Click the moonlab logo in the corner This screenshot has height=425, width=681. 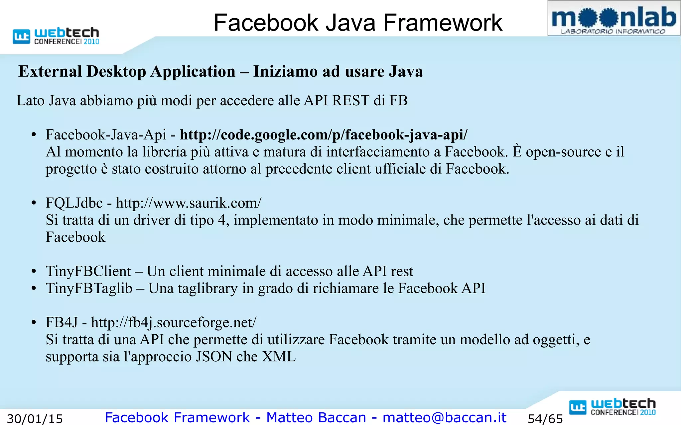coord(613,19)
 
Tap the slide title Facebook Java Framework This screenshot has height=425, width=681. coord(358,23)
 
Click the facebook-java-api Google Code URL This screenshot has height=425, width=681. coord(324,135)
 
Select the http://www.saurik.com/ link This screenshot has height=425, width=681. coord(189,203)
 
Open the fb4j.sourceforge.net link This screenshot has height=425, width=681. coord(174,322)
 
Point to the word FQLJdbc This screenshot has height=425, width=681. coord(74,203)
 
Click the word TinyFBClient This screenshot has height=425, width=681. coord(88,271)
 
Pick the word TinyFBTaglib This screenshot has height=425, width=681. coord(89,288)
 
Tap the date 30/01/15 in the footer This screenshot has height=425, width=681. coord(35,419)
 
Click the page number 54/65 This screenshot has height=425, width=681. coord(545,419)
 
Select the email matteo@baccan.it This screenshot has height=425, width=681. coord(444,417)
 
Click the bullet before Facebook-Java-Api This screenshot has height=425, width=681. coord(34,135)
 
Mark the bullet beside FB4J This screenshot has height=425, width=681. coord(34,323)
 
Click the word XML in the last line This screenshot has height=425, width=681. coord(279,357)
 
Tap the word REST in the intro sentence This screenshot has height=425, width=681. coord(350,101)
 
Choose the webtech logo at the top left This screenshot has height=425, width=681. coord(56,36)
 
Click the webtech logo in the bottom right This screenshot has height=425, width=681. coord(612,407)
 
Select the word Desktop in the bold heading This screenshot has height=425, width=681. coord(116,72)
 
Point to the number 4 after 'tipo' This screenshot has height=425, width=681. coord(222,220)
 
